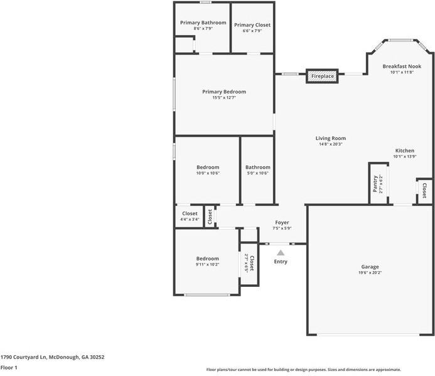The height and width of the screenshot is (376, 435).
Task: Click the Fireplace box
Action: [322, 76]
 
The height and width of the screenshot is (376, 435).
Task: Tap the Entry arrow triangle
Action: [281, 252]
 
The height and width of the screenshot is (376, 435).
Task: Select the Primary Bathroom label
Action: [203, 23]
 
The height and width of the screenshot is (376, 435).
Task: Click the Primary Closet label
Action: [252, 25]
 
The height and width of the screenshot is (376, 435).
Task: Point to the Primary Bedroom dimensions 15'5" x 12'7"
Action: [224, 97]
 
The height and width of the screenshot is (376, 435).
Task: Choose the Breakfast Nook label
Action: [402, 66]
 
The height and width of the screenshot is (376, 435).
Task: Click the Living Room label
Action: [330, 138]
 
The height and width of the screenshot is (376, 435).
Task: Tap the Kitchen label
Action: [404, 151]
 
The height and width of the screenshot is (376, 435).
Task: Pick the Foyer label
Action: [282, 222]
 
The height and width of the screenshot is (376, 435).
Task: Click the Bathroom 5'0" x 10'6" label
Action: [257, 167]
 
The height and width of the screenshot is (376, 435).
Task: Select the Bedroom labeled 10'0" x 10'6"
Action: [208, 167]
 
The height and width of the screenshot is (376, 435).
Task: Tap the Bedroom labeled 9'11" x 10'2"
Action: [207, 259]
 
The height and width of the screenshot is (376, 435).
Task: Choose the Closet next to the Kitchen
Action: [424, 190]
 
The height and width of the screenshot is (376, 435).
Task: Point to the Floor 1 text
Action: [9, 367]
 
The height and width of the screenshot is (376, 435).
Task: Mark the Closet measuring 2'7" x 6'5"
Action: [249, 264]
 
